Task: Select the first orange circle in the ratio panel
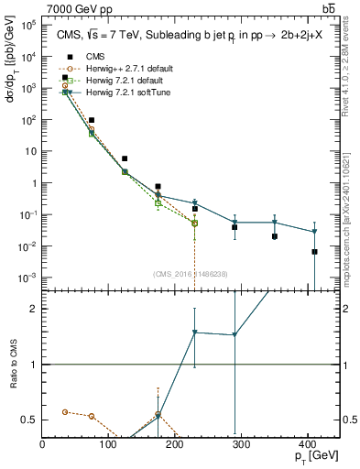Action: [x=64, y=412]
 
